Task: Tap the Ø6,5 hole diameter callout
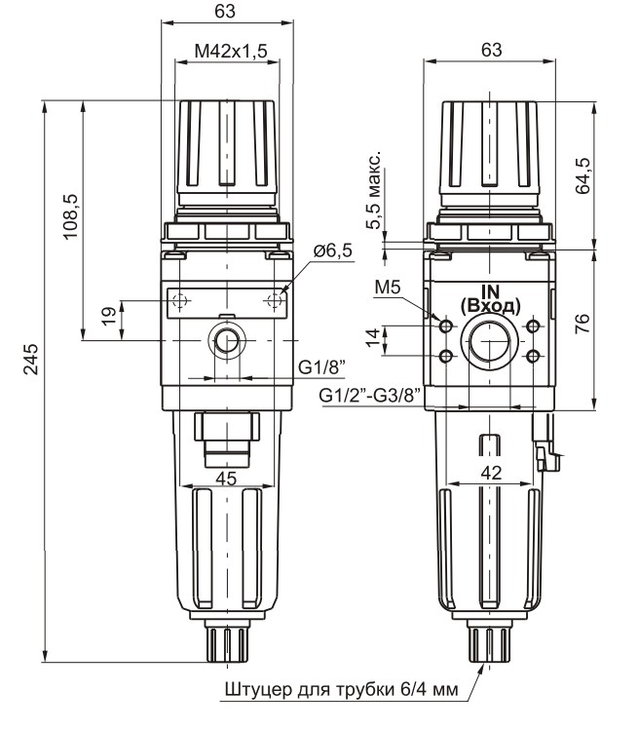(x=332, y=251)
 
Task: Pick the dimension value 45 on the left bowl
(x=226, y=478)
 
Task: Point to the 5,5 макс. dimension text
(x=375, y=191)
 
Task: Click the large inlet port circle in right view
(x=488, y=342)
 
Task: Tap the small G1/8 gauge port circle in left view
(x=227, y=342)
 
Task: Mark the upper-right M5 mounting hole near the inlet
(x=532, y=327)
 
